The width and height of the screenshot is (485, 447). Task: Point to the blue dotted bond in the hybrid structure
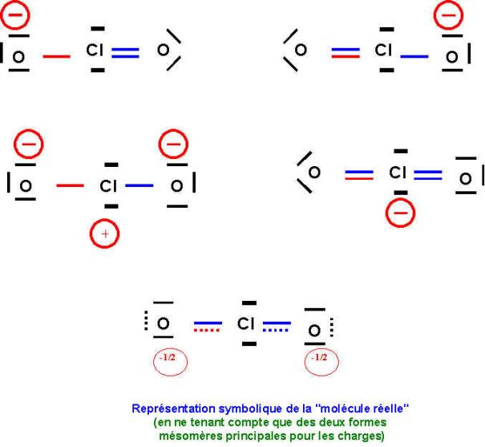click(x=277, y=327)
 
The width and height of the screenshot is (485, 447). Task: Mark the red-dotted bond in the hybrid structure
click(x=208, y=327)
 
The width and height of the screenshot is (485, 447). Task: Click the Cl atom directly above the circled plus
click(x=107, y=186)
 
